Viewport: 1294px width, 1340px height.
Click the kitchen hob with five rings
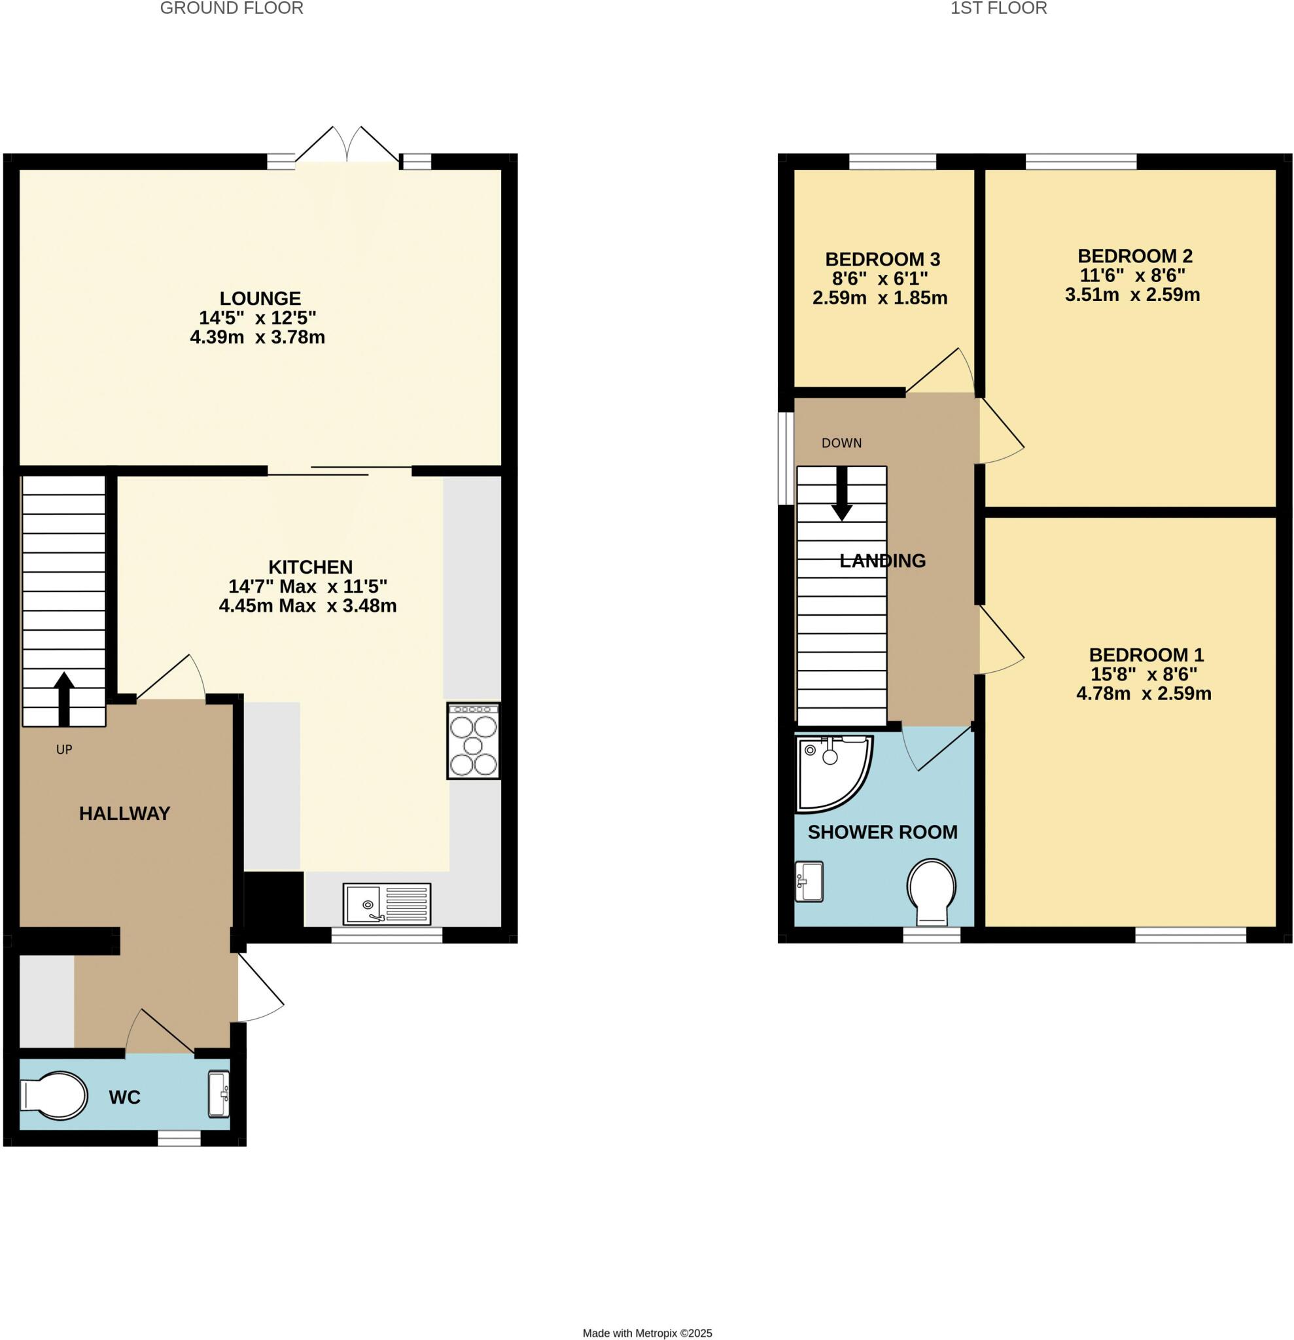point(473,741)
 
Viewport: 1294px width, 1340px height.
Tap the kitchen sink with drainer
point(387,904)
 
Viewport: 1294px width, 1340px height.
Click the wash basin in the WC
point(219,1094)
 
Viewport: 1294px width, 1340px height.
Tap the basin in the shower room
point(809,882)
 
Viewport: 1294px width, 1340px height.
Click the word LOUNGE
point(260,298)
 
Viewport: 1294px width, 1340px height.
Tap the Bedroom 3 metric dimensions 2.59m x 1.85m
point(880,298)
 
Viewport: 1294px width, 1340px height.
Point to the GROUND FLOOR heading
point(232,9)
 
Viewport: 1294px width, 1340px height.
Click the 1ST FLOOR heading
point(998,9)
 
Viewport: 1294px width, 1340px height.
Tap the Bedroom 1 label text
point(1146,654)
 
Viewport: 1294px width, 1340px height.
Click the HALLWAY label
point(124,813)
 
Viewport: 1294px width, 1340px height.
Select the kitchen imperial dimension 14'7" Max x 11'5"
point(307,586)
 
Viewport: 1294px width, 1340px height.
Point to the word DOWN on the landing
point(841,443)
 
